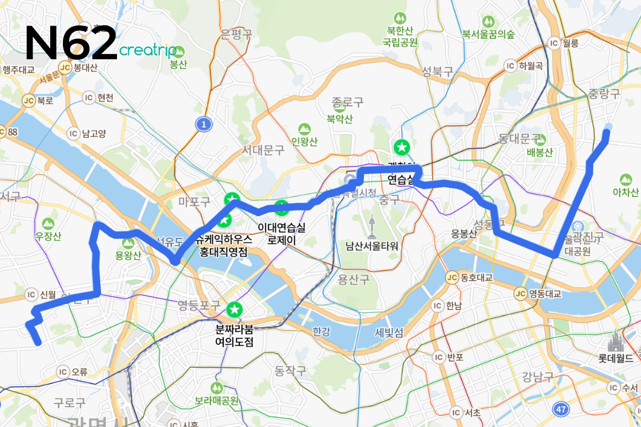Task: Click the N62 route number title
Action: (71, 43)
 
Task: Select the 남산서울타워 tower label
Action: (372, 246)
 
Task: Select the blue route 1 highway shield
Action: (203, 124)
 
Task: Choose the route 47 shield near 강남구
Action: (560, 408)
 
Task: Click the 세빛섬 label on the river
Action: (388, 333)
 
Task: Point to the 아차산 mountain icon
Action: (626, 179)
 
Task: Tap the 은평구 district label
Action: (236, 35)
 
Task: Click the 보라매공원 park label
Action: (216, 400)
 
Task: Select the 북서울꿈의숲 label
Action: (488, 35)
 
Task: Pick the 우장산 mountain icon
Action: (49, 222)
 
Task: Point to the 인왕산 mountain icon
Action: (304, 129)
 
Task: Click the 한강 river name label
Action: (322, 331)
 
